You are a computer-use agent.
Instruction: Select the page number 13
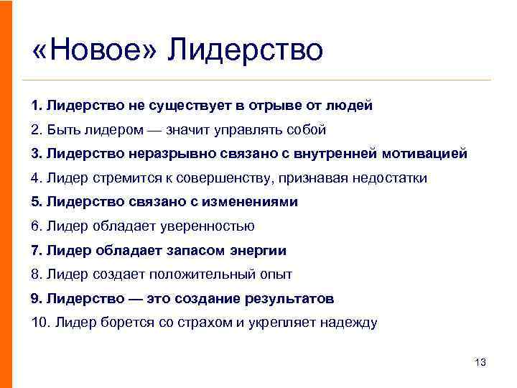480,362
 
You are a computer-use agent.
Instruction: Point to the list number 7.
37,250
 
